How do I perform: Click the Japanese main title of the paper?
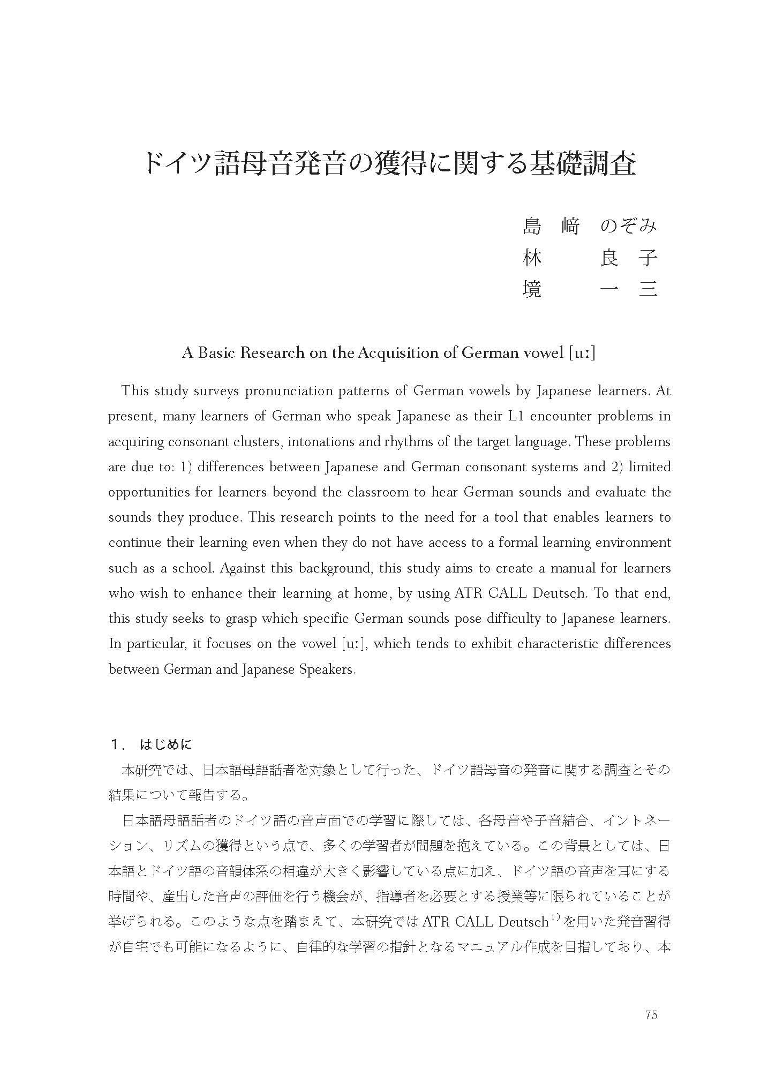390,164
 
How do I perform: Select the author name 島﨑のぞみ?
589,227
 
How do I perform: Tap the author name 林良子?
589,258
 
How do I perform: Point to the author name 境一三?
589,289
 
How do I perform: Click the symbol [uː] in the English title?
582,353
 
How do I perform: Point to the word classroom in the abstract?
388,492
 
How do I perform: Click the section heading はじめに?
165,744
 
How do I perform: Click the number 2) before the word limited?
615,467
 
